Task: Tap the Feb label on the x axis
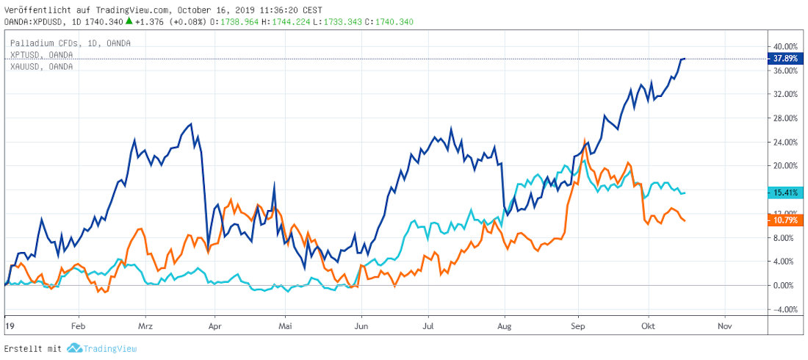pos(79,325)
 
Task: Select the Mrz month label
pos(145,325)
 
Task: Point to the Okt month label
pos(648,325)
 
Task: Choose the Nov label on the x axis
pos(725,325)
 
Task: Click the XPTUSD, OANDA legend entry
pos(41,54)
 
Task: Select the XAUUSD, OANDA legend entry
pos(41,66)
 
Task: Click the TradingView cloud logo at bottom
pos(73,348)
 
